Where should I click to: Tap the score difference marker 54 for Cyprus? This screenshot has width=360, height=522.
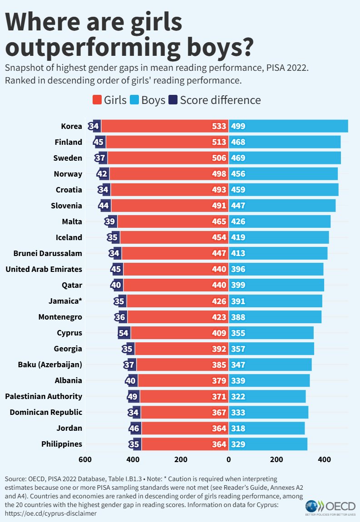pos(123,333)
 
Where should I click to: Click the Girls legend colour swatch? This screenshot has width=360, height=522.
pos(97,100)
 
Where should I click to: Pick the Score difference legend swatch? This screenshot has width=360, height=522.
pos(173,100)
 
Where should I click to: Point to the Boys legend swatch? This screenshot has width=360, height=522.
pos(134,100)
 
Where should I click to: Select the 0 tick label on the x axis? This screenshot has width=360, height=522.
pos(228,459)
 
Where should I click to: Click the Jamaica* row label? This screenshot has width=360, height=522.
pos(65,301)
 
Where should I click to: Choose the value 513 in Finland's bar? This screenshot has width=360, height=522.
pos(218,142)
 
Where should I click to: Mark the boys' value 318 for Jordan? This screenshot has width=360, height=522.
pos(238,428)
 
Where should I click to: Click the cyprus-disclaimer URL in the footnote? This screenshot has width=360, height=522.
pos(50,513)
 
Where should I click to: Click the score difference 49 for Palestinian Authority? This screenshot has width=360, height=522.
pos(133,396)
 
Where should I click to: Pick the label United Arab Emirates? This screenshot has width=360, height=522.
pos(44,269)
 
